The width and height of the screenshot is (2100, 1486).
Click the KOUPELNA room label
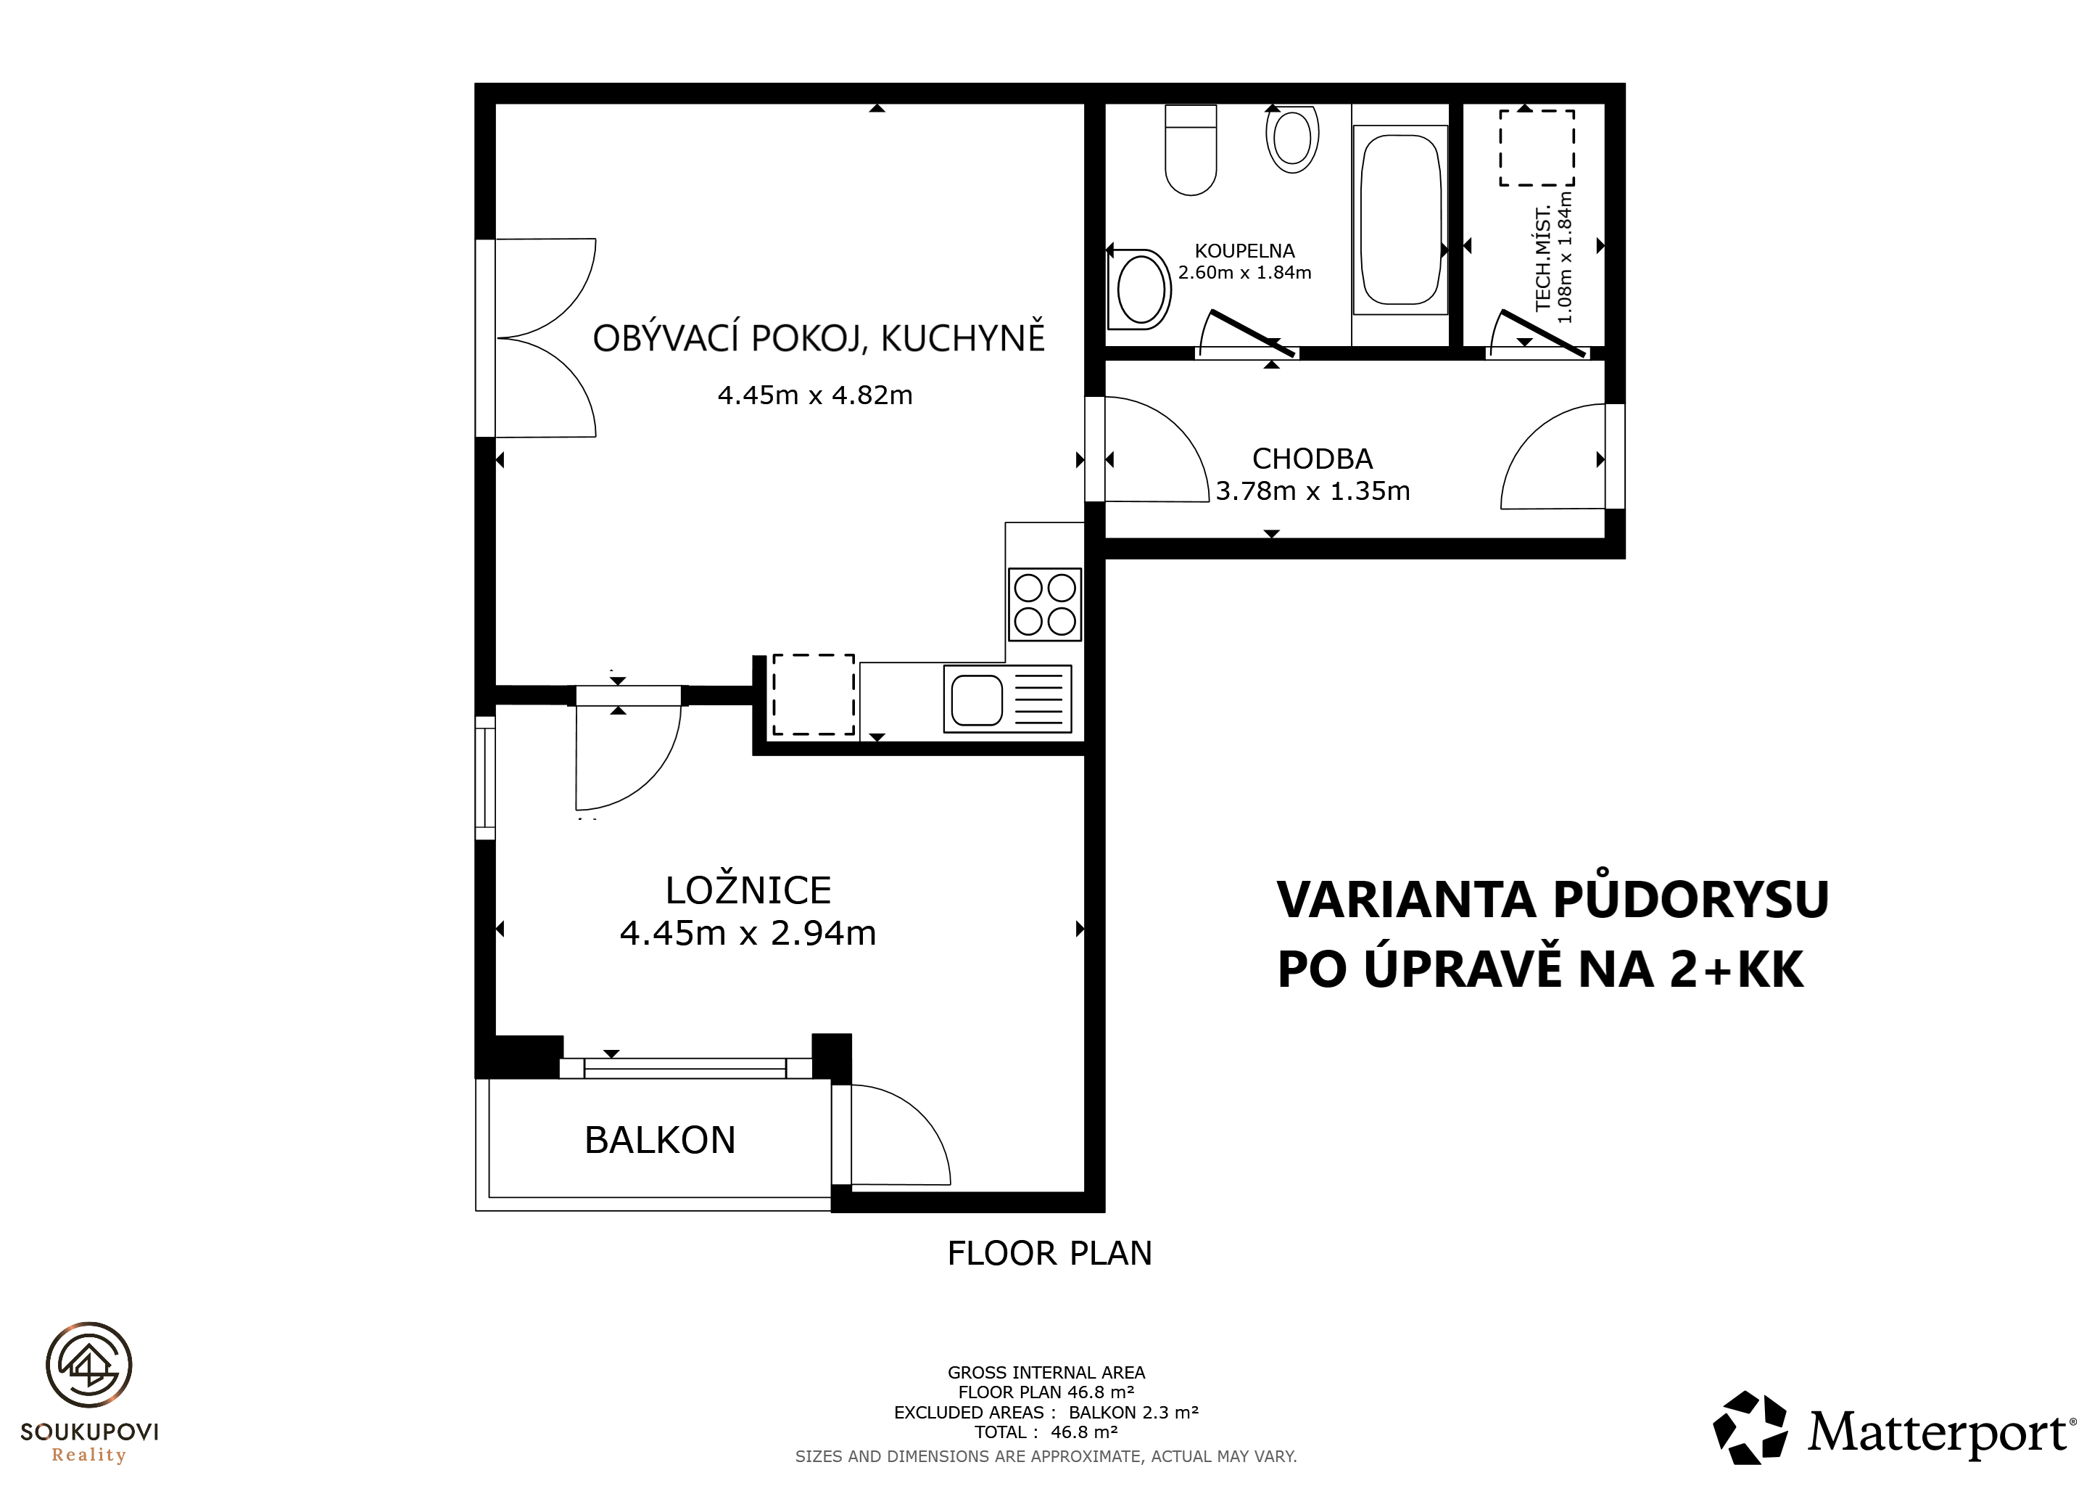pyautogui.click(x=1245, y=251)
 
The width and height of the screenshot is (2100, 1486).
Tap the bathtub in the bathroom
pyautogui.click(x=1400, y=220)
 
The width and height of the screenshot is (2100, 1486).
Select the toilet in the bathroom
pyautogui.click(x=1191, y=150)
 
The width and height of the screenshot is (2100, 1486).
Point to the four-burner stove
pyautogui.click(x=1044, y=604)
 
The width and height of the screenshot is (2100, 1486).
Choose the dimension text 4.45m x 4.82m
pyautogui.click(x=815, y=395)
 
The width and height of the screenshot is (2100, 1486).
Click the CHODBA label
pyautogui.click(x=1312, y=459)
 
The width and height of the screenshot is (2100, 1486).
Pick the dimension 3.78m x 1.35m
pyautogui.click(x=1312, y=491)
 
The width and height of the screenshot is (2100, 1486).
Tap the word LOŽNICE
pyautogui.click(x=748, y=890)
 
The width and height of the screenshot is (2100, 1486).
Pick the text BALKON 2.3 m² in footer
pyautogui.click(x=1133, y=1412)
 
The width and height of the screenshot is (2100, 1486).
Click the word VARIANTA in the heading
pyautogui.click(x=1406, y=900)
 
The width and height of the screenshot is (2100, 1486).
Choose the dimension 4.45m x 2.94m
pyautogui.click(x=748, y=933)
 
